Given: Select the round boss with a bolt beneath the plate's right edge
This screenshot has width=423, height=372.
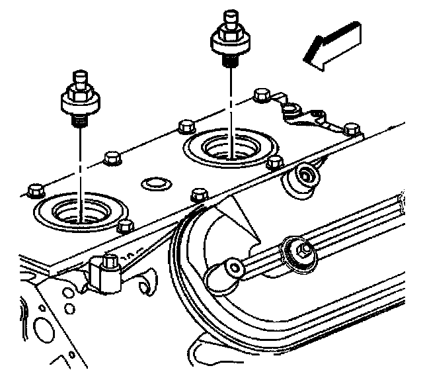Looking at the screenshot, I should click(x=305, y=177).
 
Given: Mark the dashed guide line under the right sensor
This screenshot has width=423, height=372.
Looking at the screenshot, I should click(x=231, y=99).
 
